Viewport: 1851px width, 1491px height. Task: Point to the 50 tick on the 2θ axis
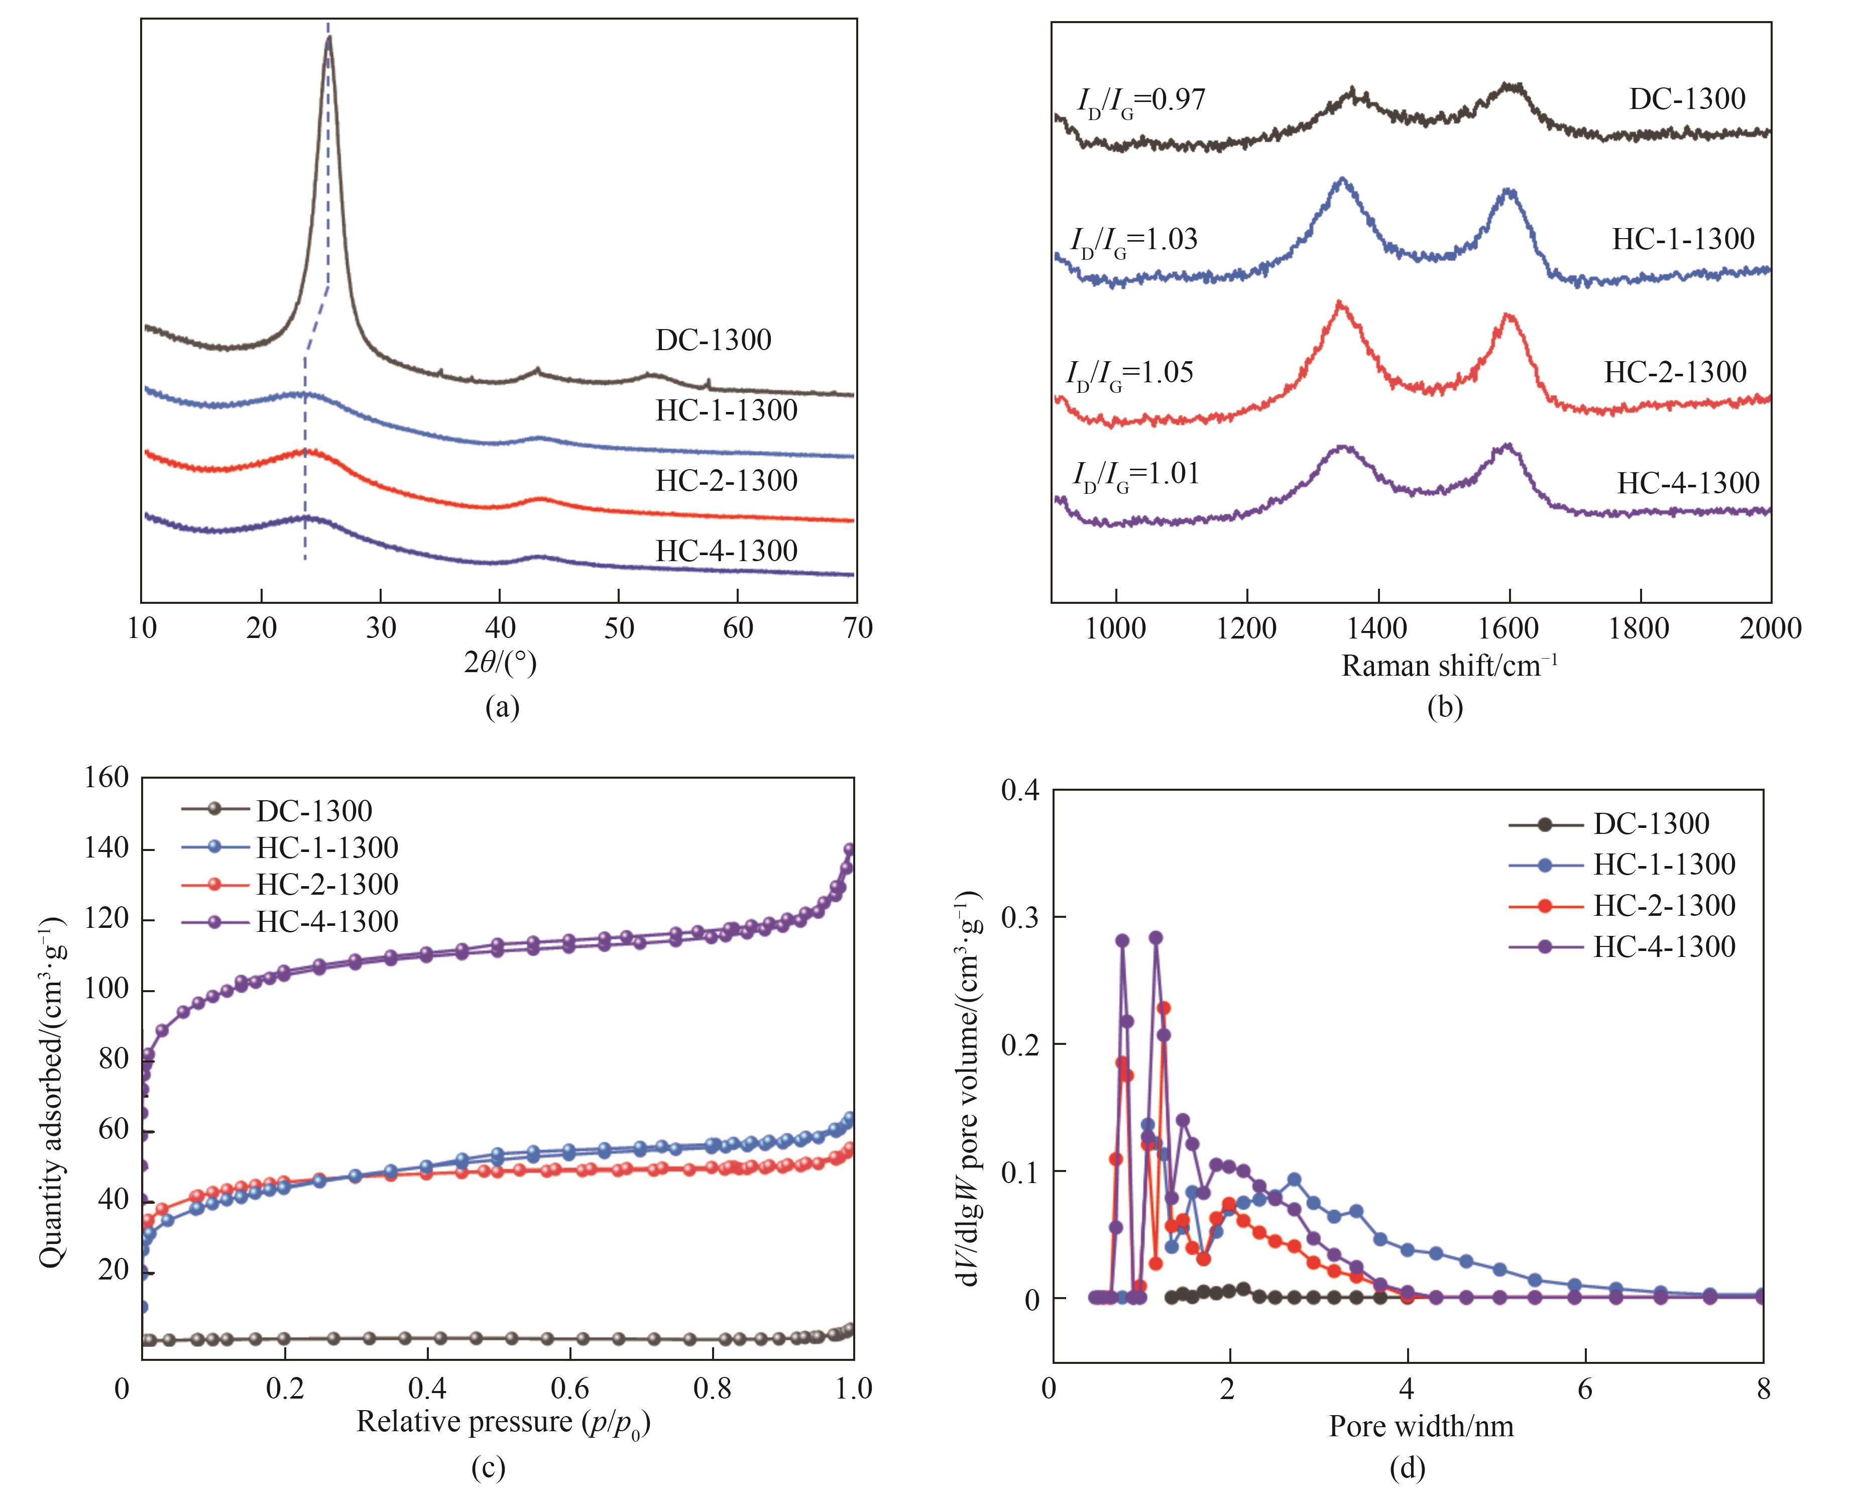tap(619, 628)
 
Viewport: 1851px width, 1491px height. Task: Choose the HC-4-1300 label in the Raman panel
tap(1688, 484)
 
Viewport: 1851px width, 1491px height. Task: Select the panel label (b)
tap(1445, 707)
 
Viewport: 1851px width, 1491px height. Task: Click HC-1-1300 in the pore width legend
tap(1664, 864)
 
